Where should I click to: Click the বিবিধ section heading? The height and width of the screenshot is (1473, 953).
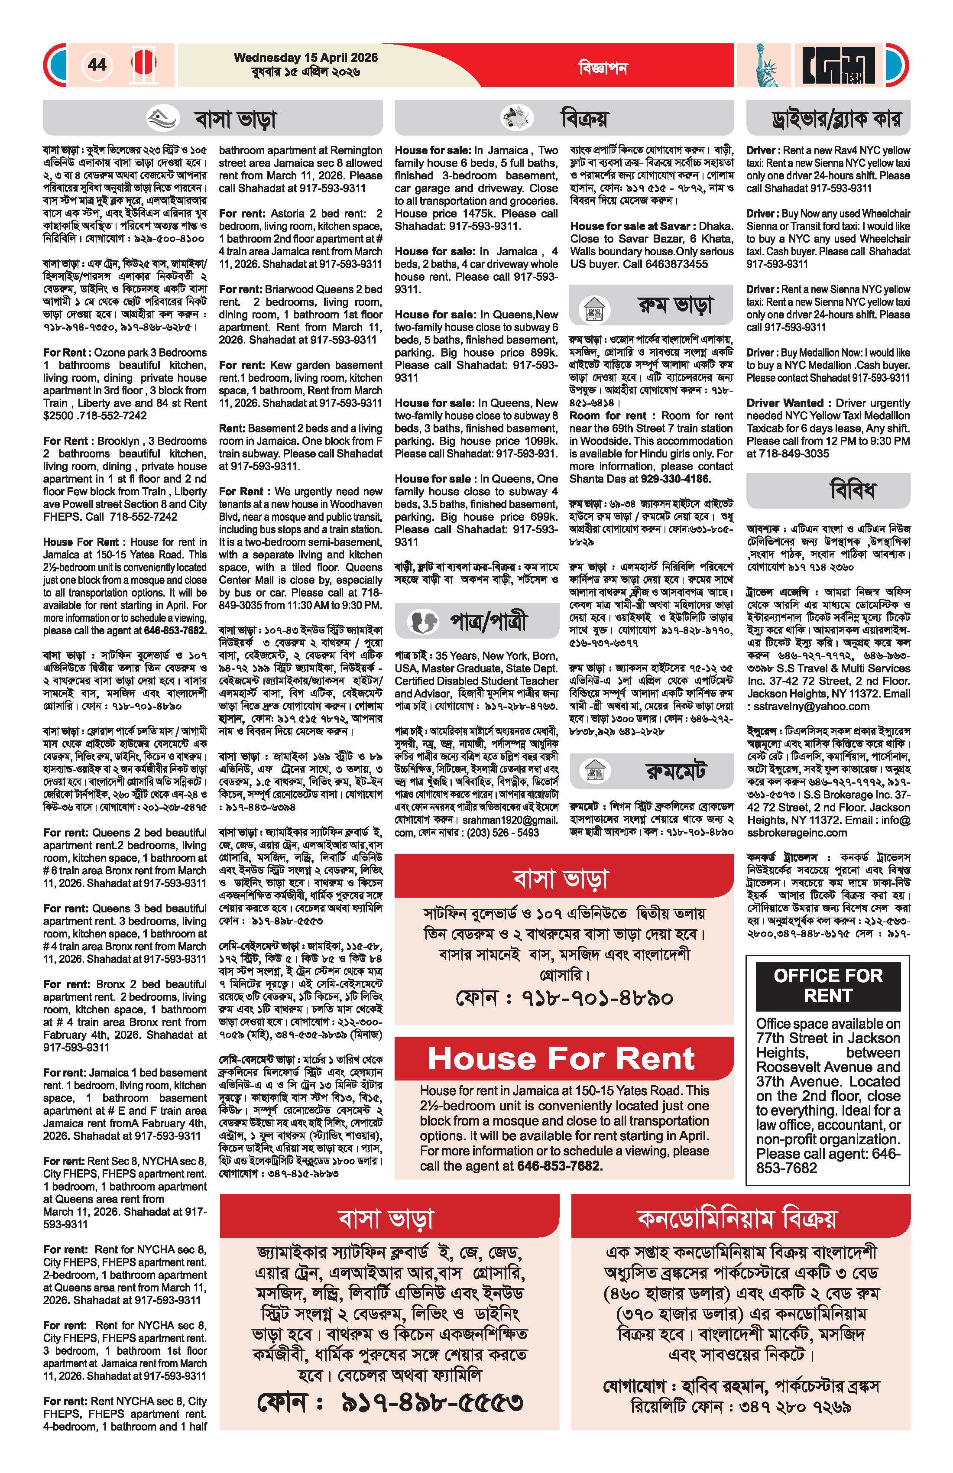[x=853, y=491]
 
